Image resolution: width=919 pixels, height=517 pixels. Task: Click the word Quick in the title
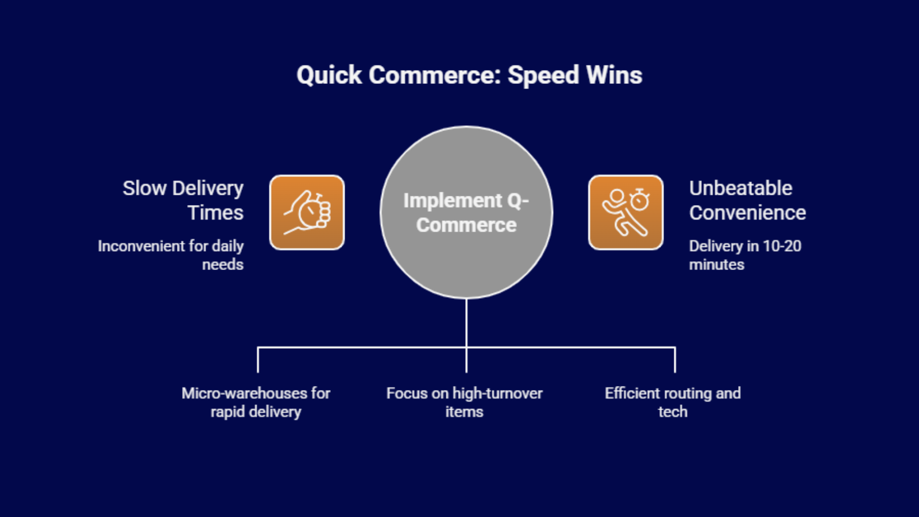(329, 76)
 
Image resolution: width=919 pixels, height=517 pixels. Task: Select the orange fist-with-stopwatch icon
(307, 213)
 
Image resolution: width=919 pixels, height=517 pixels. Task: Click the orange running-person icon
(625, 213)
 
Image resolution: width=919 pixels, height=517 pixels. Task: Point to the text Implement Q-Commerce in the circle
(466, 213)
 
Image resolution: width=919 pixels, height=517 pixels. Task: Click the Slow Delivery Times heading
(183, 200)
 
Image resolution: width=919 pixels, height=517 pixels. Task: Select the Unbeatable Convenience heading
(747, 200)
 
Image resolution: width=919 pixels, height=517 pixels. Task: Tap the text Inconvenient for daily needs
(171, 255)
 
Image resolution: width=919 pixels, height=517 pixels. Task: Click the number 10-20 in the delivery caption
(782, 246)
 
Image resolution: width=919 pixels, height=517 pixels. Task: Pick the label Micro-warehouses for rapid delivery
(256, 402)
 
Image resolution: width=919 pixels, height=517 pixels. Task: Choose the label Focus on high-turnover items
(464, 402)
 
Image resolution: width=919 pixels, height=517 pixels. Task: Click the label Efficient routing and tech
(673, 402)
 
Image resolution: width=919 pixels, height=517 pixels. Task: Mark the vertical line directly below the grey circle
(466, 322)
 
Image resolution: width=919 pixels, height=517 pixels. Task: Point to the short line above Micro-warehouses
(258, 360)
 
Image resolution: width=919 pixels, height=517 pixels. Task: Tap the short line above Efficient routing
(675, 360)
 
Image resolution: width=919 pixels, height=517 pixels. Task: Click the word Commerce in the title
(435, 75)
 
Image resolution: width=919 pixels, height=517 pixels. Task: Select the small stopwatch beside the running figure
(640, 200)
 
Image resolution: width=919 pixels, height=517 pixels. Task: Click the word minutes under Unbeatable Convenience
(716, 265)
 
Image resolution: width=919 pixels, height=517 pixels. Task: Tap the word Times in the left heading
(215, 213)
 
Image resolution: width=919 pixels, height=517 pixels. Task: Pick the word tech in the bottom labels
(673, 412)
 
